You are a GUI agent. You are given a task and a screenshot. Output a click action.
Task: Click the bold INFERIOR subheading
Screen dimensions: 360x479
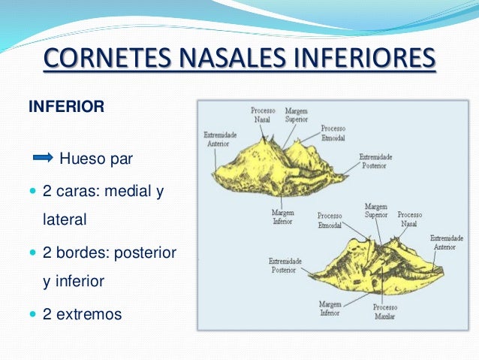point(65,107)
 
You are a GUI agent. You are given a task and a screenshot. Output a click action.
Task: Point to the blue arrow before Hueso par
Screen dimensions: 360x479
point(44,158)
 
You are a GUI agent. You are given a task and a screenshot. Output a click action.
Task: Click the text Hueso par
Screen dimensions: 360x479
point(95,159)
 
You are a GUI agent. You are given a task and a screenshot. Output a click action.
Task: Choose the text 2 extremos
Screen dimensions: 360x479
point(82,314)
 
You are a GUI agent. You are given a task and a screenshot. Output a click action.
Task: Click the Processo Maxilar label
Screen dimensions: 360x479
point(386,311)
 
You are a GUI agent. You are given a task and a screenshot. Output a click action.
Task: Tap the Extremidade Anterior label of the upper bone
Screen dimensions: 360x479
point(220,139)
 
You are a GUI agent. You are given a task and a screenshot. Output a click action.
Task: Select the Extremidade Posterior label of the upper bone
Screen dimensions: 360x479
point(373,161)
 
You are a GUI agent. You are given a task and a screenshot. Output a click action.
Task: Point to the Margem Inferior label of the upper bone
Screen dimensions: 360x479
point(282,218)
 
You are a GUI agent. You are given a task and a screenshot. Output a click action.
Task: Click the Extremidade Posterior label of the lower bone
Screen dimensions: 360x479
point(285,265)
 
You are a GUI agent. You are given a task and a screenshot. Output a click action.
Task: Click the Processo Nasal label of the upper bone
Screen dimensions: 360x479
point(263,114)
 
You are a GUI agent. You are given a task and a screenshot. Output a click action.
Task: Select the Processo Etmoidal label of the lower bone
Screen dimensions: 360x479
point(330,219)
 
